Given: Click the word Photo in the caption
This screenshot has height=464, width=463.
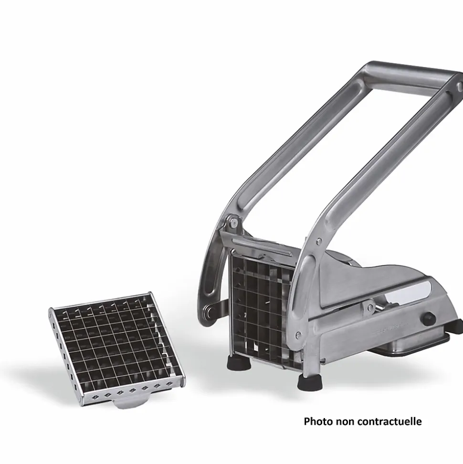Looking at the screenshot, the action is point(318,421).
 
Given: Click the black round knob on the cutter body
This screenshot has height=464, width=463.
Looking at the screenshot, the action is point(428,318).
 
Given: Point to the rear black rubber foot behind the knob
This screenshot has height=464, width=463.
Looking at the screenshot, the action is point(456,325).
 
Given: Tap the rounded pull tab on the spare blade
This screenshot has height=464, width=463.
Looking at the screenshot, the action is point(128,403).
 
